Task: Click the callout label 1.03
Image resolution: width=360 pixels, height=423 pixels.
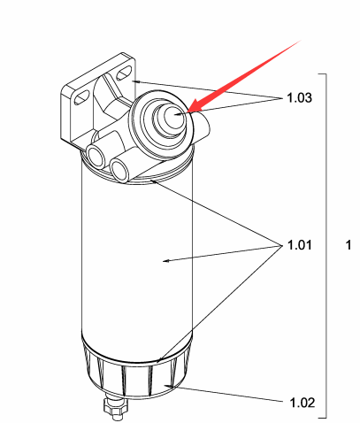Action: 299,97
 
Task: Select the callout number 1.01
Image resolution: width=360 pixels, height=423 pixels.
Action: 299,245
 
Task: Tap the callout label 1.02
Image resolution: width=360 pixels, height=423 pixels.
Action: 303,403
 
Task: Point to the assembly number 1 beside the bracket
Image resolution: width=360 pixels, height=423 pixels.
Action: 349,245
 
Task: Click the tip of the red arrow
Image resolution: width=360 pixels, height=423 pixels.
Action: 187,112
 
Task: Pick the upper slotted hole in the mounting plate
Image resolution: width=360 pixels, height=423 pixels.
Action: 124,73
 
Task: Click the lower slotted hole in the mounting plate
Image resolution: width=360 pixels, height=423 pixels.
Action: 82,97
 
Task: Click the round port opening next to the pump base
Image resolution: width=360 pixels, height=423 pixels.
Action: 120,170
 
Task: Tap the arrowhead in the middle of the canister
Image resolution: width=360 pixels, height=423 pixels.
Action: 166,261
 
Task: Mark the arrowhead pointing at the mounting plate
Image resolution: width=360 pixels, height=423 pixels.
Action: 134,81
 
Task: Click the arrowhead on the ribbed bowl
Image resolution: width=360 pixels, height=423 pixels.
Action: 167,386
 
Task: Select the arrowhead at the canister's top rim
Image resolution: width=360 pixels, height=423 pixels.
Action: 153,181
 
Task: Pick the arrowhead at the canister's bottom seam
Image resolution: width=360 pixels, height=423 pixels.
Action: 159,360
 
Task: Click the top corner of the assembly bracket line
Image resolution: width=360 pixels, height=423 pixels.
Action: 326,73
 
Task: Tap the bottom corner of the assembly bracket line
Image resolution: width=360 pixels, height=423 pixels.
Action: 326,418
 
